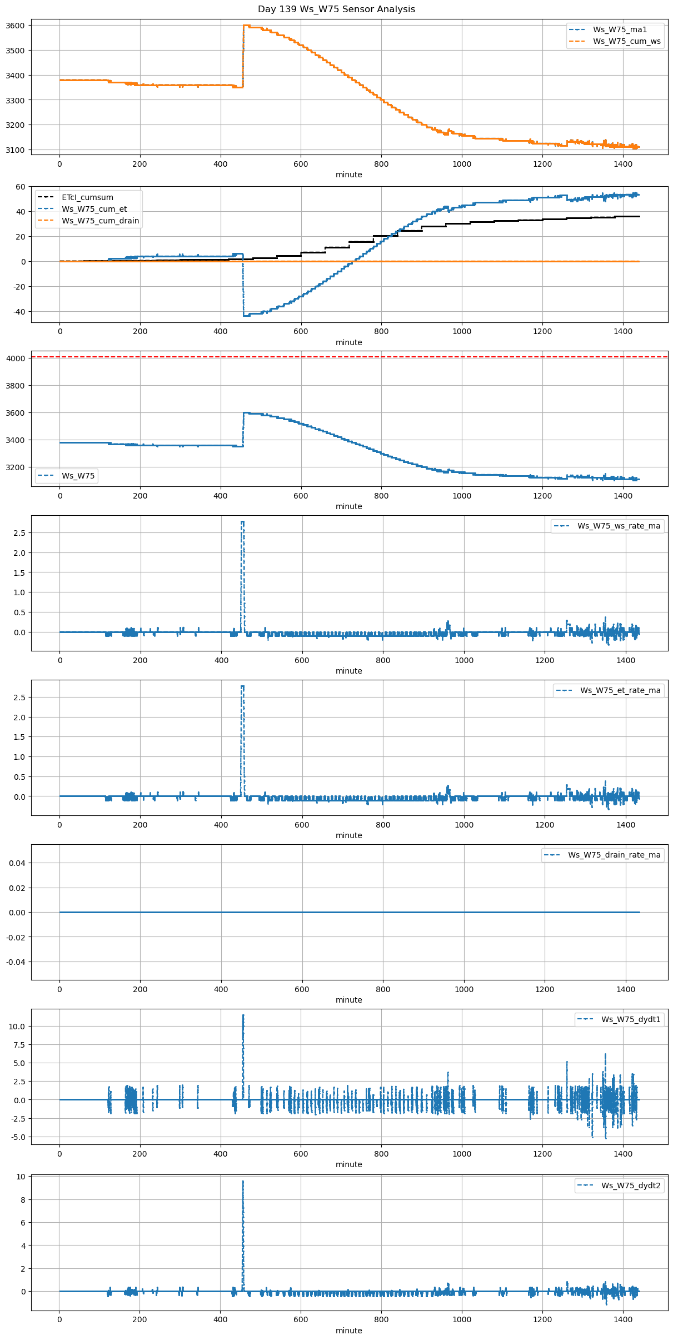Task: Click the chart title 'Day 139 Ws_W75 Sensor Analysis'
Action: tap(336, 9)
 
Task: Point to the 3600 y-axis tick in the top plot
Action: tap(15, 26)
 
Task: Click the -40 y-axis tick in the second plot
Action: tap(19, 312)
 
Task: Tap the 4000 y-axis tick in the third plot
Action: tap(15, 358)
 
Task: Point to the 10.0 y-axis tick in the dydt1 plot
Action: tap(17, 1027)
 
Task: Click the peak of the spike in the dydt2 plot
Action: tap(243, 1181)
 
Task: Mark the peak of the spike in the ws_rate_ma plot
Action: tap(242, 521)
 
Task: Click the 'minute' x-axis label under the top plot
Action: tap(348, 175)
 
